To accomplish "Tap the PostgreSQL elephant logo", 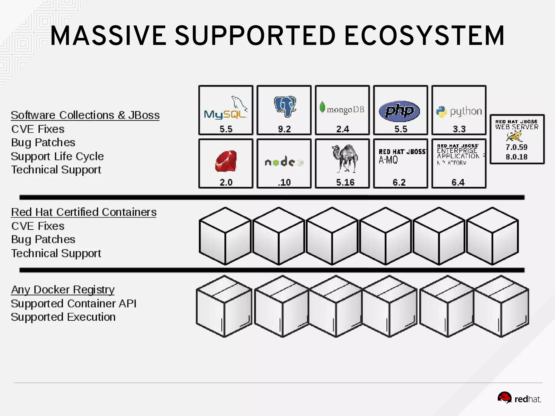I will pos(285,106).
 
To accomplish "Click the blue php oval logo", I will pos(399,111).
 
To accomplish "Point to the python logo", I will pos(459,111).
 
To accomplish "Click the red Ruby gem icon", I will pos(226,161).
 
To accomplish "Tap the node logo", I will pos(284,162).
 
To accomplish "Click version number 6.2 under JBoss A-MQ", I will pos(399,182).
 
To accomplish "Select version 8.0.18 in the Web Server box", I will pos(517,157).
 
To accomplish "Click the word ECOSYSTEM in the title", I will pos(424,36).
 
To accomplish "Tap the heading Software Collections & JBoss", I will pos(85,115).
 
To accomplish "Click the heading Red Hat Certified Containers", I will pos(84,212).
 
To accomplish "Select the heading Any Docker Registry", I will pos(63,290).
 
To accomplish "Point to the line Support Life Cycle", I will pos(57,156).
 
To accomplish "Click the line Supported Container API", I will pos(73,303).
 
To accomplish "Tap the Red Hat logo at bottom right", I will pos(519,398).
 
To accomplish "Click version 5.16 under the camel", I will pos(345,182).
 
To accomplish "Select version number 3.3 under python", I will pos(459,129).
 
